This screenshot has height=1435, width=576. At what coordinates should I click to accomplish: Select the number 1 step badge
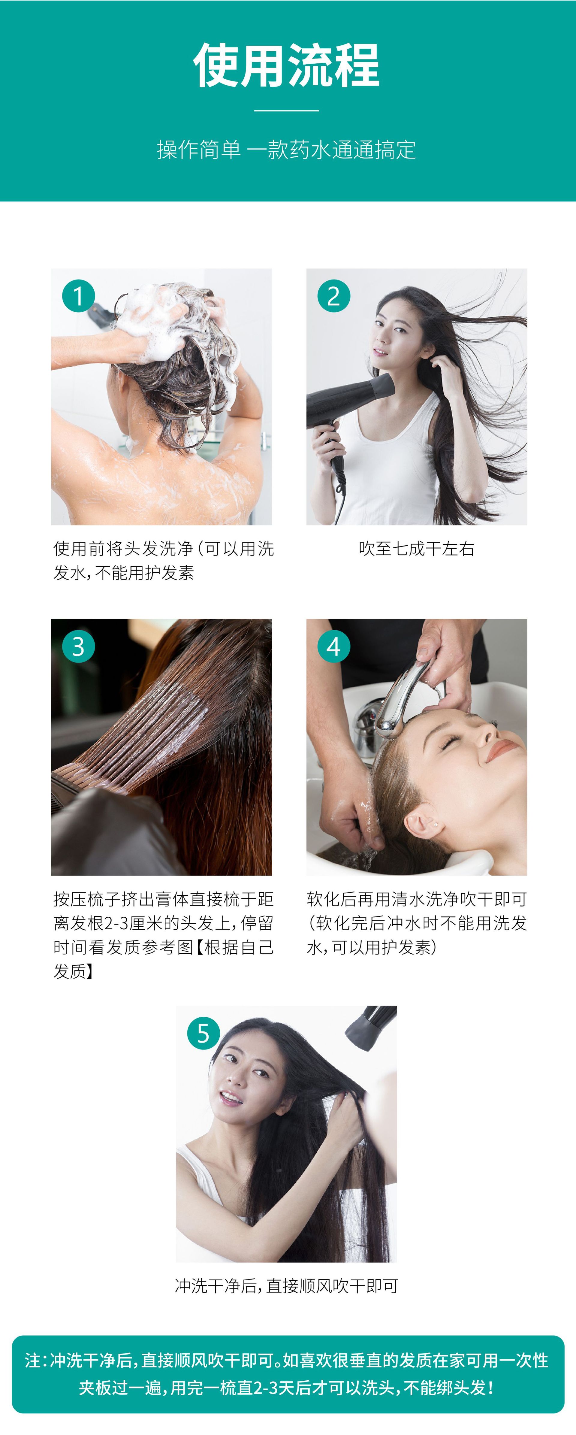(78, 296)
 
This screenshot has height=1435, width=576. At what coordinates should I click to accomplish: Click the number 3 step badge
(78, 646)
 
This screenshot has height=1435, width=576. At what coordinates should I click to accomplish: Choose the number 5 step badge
(203, 1033)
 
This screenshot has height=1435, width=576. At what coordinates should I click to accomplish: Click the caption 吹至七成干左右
(417, 549)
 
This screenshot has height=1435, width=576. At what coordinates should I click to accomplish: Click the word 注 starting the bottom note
(33, 1360)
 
